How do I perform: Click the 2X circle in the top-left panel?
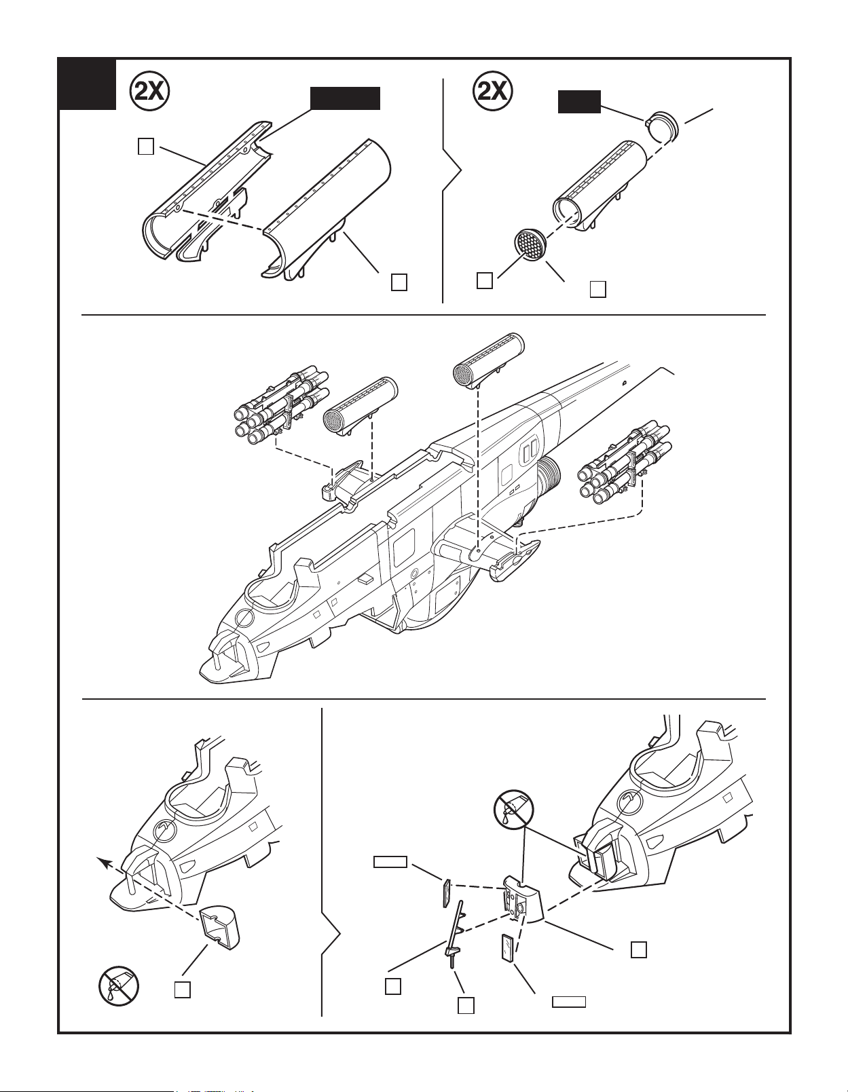149,92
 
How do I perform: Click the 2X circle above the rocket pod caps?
493,92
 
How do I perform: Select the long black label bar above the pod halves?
345,98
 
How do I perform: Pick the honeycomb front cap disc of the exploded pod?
530,245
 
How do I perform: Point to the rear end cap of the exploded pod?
663,126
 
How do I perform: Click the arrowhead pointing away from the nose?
104,863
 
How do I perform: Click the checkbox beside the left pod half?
146,146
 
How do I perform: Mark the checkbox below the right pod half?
399,282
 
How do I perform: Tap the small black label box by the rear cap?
579,102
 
